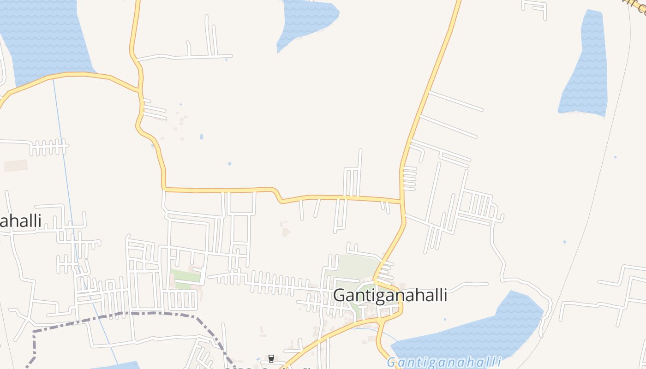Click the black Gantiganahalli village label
tap(390, 295)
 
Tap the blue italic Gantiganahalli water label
tap(444, 362)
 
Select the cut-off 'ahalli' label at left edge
tap(21, 221)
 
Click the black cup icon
tap(271, 359)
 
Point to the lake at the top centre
tap(307, 21)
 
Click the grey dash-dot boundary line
tap(138, 313)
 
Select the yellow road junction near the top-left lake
tap(139, 90)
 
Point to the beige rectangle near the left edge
tap(16, 166)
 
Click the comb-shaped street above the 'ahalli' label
tap(48, 148)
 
